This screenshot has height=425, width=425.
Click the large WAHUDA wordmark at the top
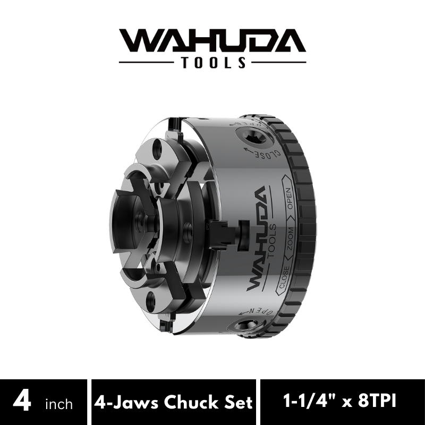[x=212, y=40]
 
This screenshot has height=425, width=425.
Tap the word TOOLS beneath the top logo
[x=214, y=62]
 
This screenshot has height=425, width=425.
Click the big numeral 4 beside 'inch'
[x=22, y=402]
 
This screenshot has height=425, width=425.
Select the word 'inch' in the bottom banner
[x=59, y=404]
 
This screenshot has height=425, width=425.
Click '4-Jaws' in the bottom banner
[x=126, y=402]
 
